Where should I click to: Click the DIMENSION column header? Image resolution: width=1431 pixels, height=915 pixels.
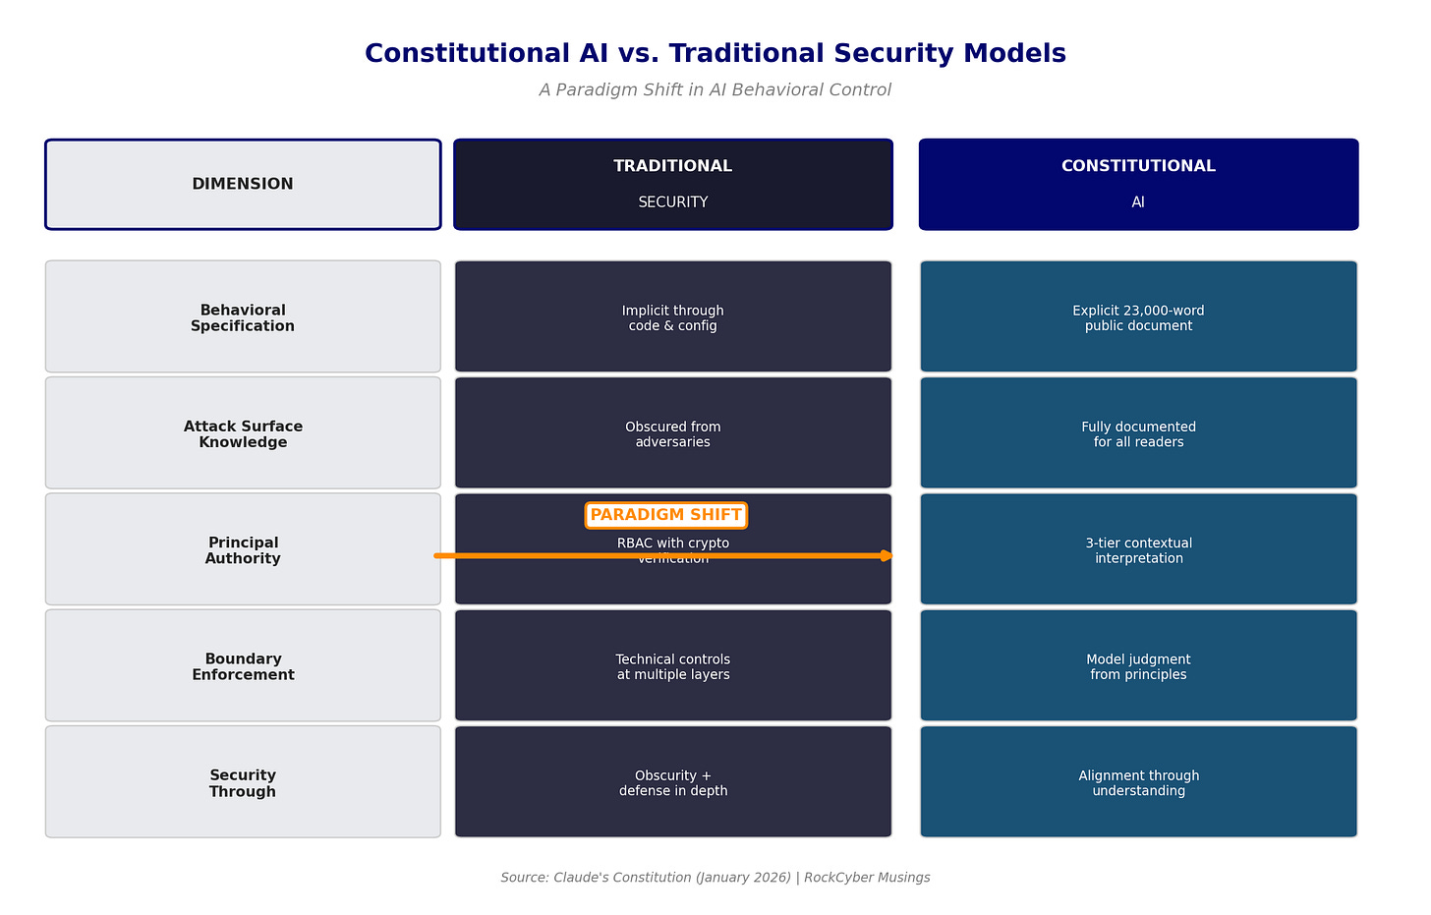click(243, 185)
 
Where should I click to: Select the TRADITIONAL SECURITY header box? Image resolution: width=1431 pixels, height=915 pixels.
click(673, 185)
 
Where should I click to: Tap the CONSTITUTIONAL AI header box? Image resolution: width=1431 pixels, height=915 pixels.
click(1138, 185)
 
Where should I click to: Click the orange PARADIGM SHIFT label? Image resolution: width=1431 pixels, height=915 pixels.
click(665, 515)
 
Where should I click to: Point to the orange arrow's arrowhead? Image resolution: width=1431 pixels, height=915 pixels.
click(887, 556)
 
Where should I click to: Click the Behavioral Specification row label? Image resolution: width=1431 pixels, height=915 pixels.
click(243, 317)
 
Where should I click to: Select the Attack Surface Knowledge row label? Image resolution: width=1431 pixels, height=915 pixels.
click(243, 433)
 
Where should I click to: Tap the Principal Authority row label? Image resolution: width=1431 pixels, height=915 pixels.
click(243, 550)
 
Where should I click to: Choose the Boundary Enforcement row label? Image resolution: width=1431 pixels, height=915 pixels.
click(243, 666)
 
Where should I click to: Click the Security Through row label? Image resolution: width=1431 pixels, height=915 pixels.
click(243, 782)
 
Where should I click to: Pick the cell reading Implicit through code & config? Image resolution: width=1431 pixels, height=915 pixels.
click(673, 317)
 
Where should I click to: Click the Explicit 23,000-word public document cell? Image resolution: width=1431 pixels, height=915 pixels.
click(1138, 317)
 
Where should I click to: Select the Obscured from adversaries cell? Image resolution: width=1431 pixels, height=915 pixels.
click(673, 433)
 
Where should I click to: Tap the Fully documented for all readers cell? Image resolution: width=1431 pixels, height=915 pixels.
click(1138, 433)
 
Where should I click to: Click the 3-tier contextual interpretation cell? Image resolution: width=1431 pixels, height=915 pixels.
click(1138, 550)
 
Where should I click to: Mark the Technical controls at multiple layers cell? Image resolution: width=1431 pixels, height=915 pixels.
click(673, 666)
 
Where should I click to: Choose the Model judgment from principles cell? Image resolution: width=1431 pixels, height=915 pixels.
click(1138, 666)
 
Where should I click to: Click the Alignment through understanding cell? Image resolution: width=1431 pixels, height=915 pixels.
click(1138, 782)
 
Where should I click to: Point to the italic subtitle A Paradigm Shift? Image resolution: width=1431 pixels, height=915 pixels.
click(715, 90)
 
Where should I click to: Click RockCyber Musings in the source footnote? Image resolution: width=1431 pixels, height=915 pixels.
click(867, 878)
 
